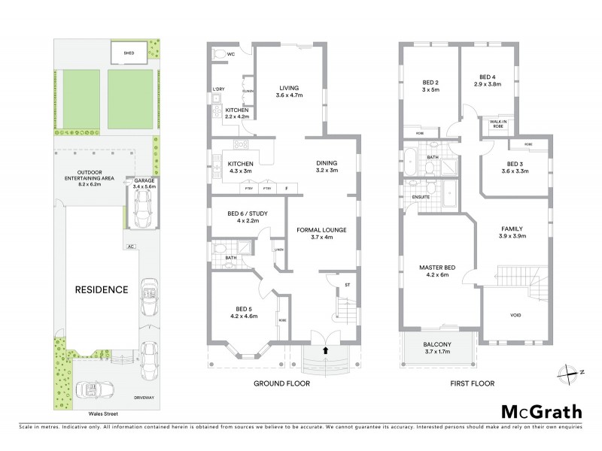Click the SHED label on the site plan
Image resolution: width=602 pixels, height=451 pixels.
(x=129, y=53)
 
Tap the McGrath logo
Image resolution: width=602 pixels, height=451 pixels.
(x=540, y=411)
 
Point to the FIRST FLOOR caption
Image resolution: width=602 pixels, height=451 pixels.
(x=472, y=383)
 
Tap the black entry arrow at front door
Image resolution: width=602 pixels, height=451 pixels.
(x=326, y=350)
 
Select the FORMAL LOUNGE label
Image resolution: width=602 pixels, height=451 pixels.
(x=321, y=229)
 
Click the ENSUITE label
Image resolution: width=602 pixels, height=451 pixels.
(x=421, y=197)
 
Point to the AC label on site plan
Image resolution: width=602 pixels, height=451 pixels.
(x=131, y=246)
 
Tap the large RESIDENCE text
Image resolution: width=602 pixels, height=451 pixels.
(x=101, y=289)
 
